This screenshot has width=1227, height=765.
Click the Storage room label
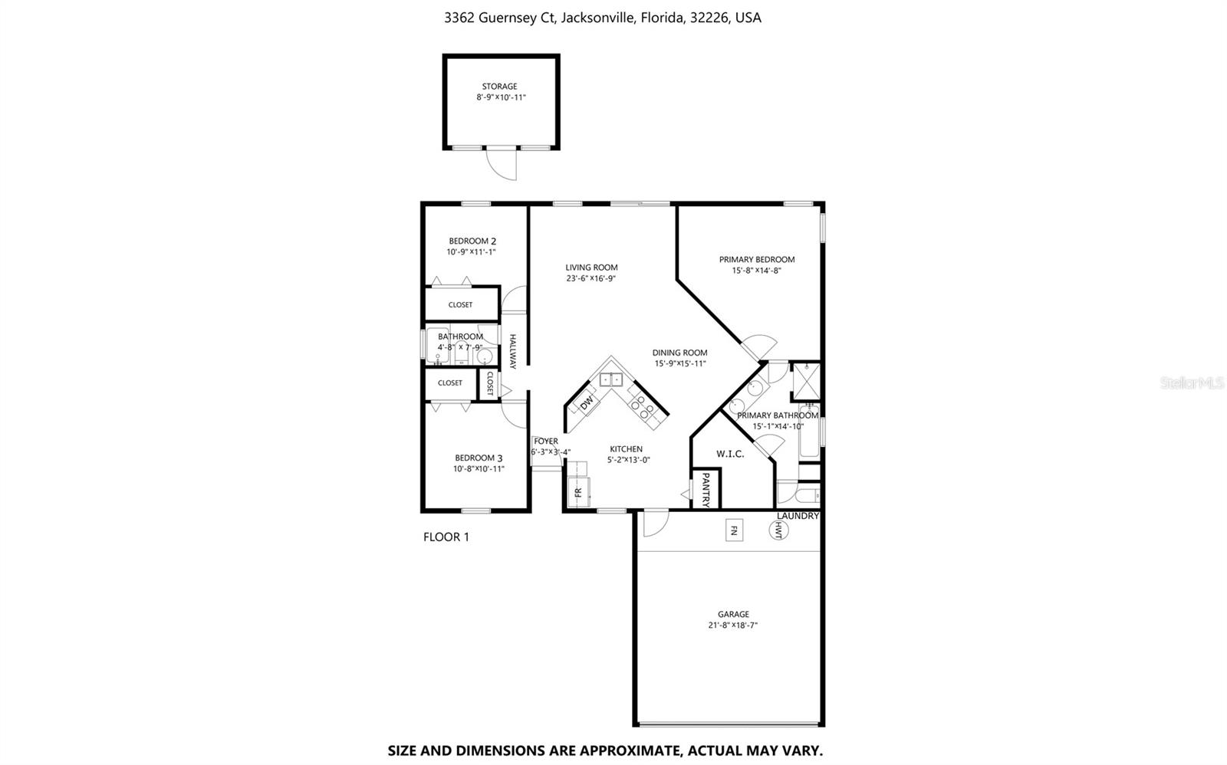tap(499, 87)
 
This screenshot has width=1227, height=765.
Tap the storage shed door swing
tap(502, 164)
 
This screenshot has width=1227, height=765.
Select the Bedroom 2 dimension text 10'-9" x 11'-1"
tap(472, 252)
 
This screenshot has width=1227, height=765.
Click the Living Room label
tap(591, 268)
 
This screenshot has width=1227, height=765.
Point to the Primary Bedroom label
tap(756, 260)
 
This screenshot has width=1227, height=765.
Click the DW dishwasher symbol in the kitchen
tap(587, 402)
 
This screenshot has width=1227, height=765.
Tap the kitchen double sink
tap(611, 379)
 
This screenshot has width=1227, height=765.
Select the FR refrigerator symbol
tap(578, 491)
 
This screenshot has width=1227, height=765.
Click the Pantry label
tap(706, 489)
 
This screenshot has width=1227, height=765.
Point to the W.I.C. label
tap(730, 454)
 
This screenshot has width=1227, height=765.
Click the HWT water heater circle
tap(778, 530)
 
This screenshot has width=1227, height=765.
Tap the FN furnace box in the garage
tap(734, 530)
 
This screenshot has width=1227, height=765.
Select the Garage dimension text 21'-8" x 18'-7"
tap(733, 625)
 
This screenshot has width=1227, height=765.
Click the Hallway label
tap(513, 351)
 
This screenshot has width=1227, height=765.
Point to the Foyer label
tap(546, 442)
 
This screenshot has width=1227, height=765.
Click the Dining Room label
tap(679, 353)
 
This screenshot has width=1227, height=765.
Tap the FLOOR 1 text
tap(446, 537)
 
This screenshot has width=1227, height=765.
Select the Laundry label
tap(798, 516)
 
